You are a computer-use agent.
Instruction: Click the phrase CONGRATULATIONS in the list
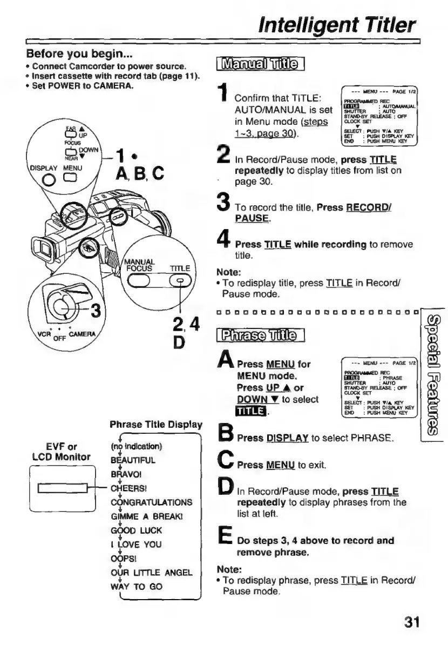148,502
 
